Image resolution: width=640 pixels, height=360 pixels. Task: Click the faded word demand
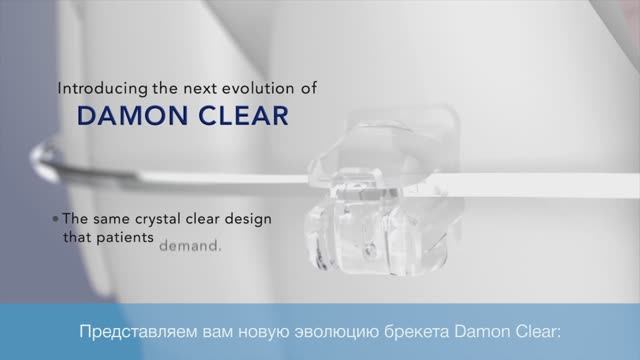pos(190,244)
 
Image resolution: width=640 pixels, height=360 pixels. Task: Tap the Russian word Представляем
pos(134,331)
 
